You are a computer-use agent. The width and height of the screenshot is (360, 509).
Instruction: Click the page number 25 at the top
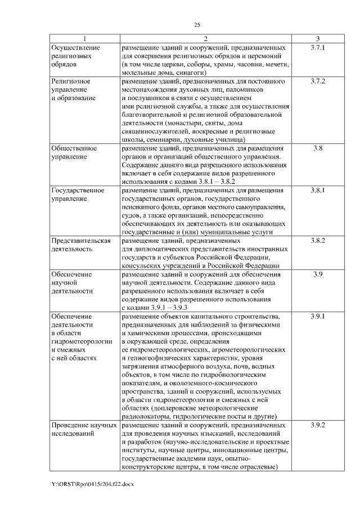click(197, 25)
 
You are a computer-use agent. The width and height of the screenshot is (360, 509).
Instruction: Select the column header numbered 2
click(205, 39)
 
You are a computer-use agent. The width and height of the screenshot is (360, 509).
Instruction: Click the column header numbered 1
click(84, 39)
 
